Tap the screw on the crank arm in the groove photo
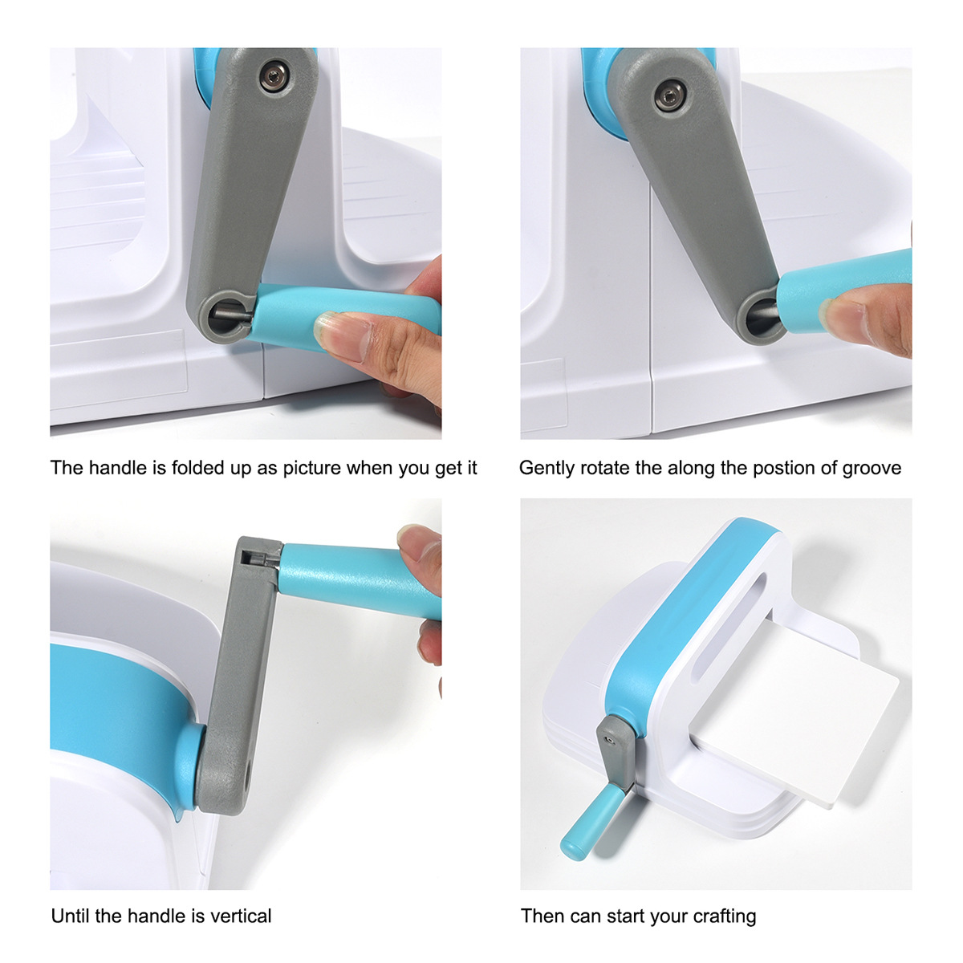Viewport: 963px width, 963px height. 669,97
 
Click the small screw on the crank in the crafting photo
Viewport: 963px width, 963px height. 609,741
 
